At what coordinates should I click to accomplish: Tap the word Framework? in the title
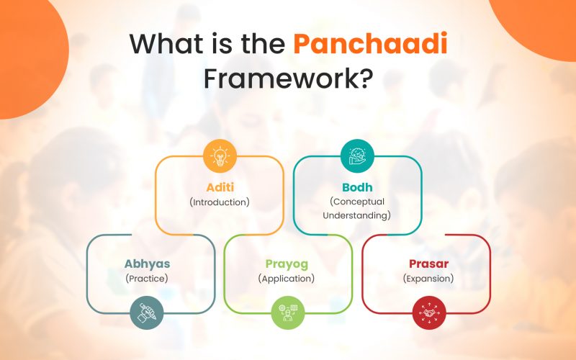tap(287, 77)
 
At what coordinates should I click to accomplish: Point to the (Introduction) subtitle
tap(220, 202)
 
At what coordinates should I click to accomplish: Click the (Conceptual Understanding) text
tap(356, 209)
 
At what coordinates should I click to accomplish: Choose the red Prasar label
tap(428, 264)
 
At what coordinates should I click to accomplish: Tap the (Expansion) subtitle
tap(428, 279)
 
